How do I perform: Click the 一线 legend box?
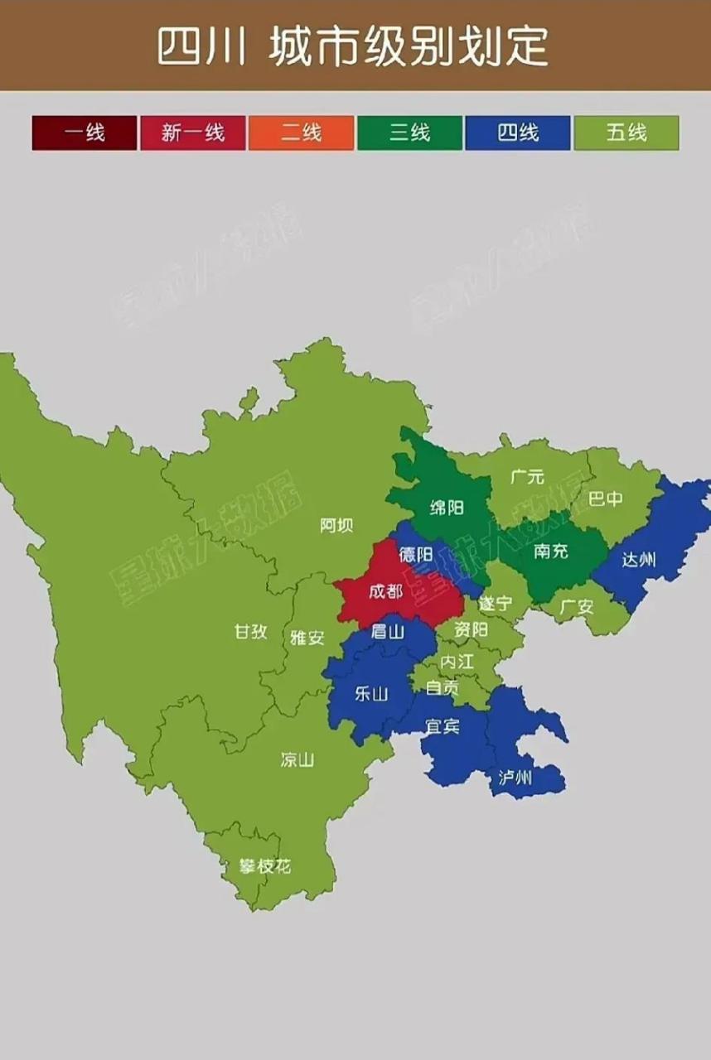(85, 132)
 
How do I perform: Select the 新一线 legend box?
(192, 132)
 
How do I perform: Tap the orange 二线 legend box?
(301, 132)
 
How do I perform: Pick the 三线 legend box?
(409, 132)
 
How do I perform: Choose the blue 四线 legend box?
(518, 132)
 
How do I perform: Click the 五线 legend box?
(626, 132)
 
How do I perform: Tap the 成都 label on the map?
(385, 592)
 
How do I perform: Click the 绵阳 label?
(447, 508)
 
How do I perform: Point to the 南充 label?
(551, 551)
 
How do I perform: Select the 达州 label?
(639, 560)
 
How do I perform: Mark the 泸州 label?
(515, 778)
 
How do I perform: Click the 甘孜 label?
(250, 631)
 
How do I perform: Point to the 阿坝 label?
(336, 525)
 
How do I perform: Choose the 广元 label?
(528, 477)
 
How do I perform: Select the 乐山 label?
(370, 694)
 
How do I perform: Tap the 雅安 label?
(307, 638)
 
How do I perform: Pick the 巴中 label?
(605, 499)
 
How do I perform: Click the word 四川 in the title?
(201, 46)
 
